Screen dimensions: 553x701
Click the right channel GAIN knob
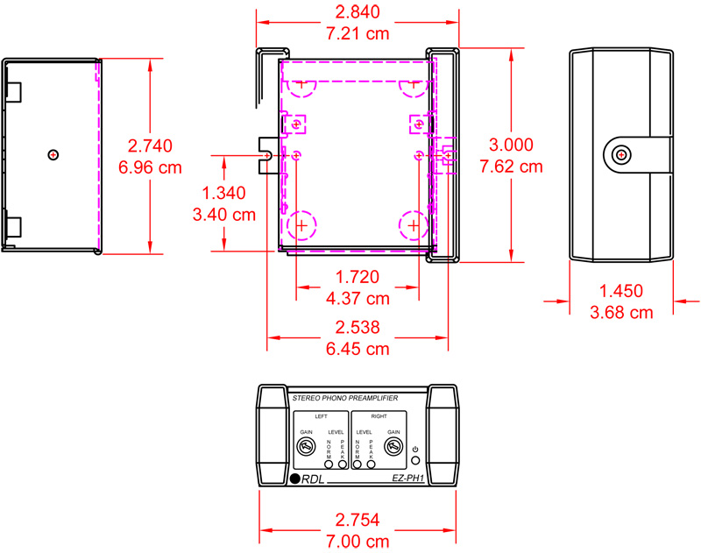click(393, 449)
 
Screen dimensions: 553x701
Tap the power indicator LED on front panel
click(414, 461)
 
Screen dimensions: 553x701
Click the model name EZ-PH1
click(408, 479)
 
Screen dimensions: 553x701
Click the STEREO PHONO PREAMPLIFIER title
click(343, 399)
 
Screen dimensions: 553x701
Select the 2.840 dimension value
click(357, 13)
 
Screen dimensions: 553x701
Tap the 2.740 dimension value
click(150, 145)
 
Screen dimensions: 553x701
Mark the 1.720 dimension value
click(357, 278)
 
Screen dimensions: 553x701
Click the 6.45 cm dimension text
click(357, 349)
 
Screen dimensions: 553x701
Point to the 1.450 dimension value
click(620, 291)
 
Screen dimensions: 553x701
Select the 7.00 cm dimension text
click(357, 542)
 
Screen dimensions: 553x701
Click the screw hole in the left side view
click(53, 155)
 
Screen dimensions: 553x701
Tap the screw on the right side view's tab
click(621, 155)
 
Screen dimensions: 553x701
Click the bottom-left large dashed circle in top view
click(302, 225)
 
